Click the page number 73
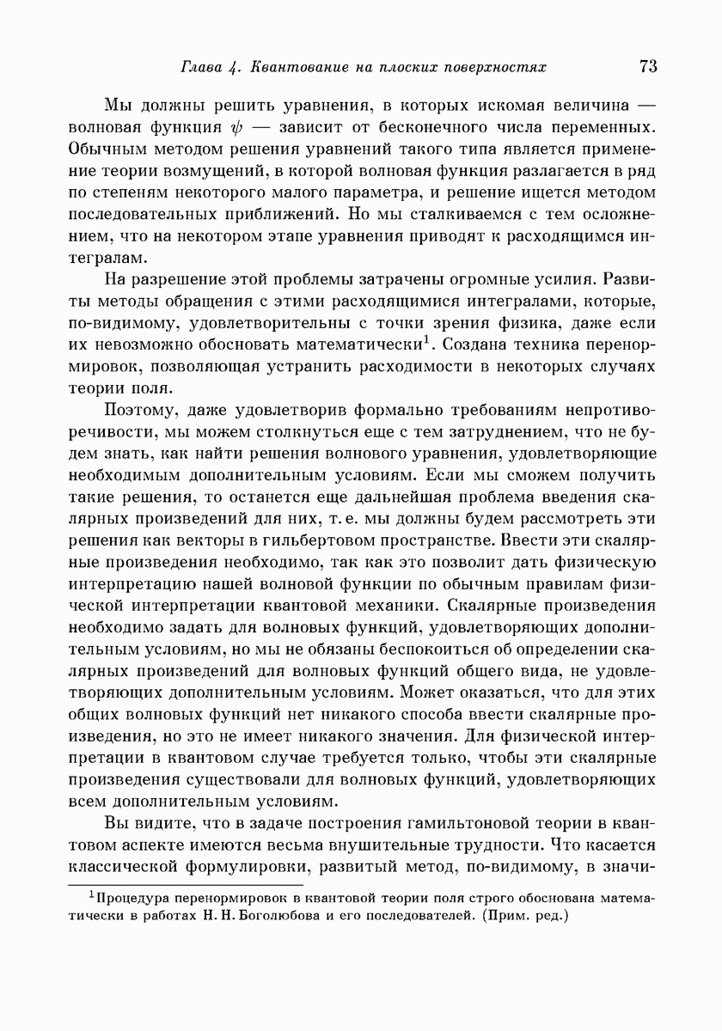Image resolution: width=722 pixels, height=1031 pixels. [648, 66]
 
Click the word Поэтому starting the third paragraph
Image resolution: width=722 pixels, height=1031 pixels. [138, 410]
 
